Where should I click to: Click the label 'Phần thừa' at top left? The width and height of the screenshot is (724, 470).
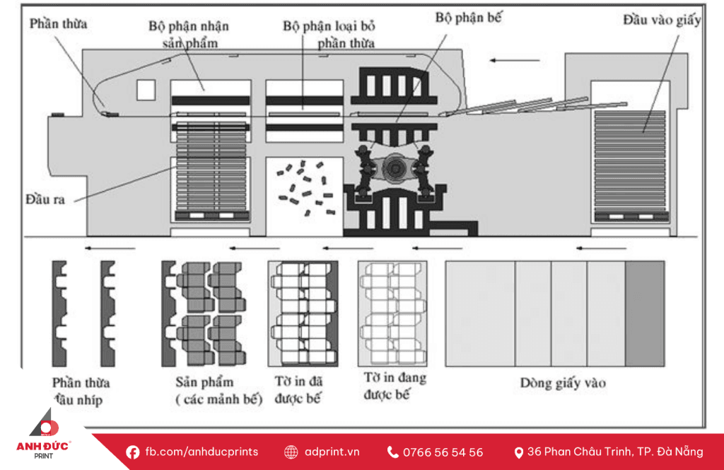point(59,24)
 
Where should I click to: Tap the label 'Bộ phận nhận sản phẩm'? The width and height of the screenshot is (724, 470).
point(189,34)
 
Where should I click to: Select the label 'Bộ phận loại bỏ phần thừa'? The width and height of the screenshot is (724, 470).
point(329,34)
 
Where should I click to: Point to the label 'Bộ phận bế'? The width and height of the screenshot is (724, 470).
point(468,18)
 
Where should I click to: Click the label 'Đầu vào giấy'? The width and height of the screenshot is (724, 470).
point(662,20)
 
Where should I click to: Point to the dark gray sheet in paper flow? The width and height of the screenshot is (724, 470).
point(645,313)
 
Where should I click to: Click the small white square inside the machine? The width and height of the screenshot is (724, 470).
point(146,90)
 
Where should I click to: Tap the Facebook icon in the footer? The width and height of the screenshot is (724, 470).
point(132,452)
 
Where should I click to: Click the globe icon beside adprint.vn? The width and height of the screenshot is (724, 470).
point(291,452)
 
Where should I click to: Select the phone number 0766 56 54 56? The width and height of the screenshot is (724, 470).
point(443,452)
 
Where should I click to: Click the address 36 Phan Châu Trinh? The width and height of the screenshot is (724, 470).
point(614,452)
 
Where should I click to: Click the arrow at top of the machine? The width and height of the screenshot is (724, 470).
point(509,61)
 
